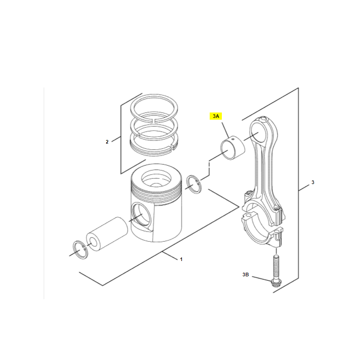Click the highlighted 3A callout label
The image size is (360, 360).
click(x=216, y=116)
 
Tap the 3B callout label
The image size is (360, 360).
click(x=245, y=274)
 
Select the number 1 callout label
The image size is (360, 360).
click(x=181, y=259)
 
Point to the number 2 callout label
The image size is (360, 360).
click(x=107, y=142)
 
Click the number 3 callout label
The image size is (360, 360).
click(x=313, y=182)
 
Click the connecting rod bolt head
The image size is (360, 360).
click(x=276, y=283)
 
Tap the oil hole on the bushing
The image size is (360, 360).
click(x=233, y=139)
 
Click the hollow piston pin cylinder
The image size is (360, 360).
click(x=107, y=234)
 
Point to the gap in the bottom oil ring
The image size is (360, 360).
click(x=174, y=147)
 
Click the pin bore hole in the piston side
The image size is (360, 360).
click(x=141, y=214)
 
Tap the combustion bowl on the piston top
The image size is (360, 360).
click(x=156, y=179)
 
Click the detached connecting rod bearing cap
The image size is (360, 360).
click(x=262, y=231)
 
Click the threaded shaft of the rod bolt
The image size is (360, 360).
click(x=276, y=267)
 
